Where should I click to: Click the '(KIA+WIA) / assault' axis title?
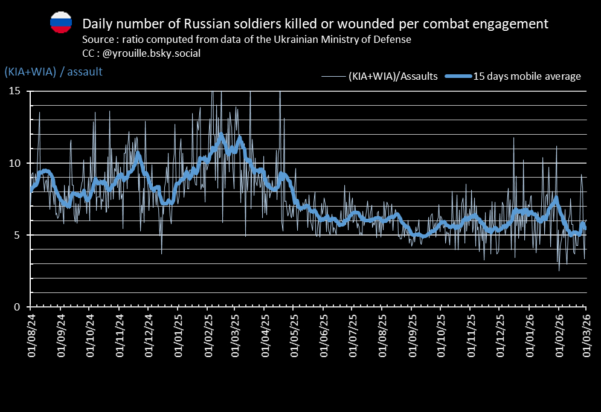pos(53,71)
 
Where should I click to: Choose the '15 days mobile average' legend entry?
pos(527,76)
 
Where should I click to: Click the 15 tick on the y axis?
pos(14,91)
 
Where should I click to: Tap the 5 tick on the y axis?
pos(18,235)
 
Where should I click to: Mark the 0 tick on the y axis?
pos(18,307)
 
